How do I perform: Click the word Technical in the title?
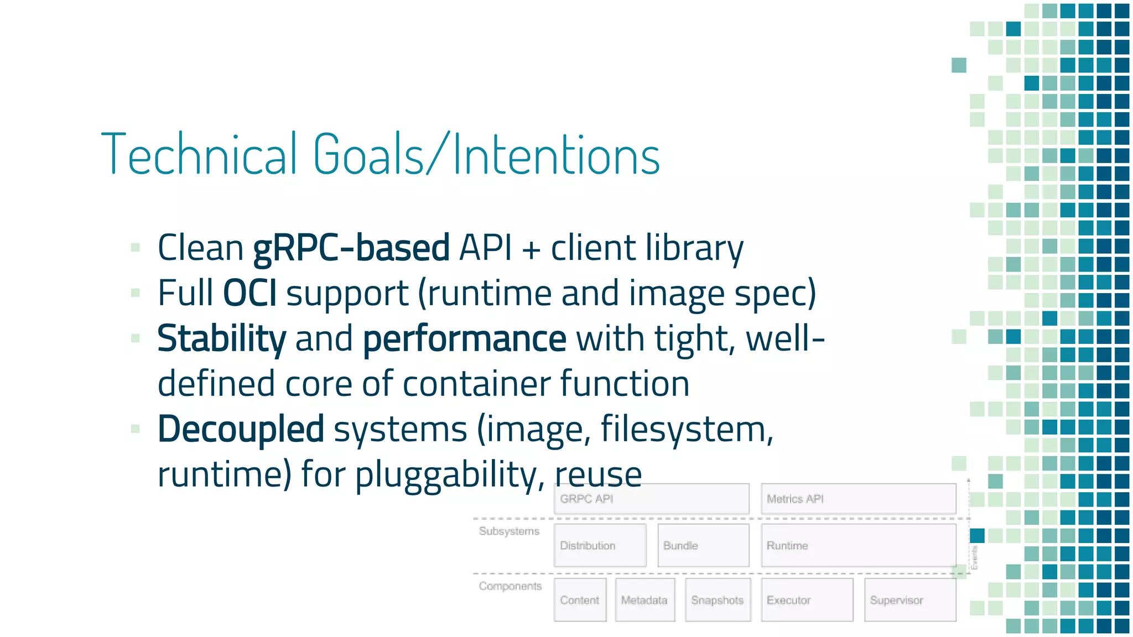(x=199, y=154)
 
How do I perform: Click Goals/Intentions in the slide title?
(x=486, y=154)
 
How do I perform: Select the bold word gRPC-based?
(x=351, y=248)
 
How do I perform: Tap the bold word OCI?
(x=250, y=293)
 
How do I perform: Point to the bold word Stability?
(x=221, y=338)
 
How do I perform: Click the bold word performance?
(x=464, y=338)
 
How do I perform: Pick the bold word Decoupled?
(x=241, y=429)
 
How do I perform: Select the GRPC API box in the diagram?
(x=651, y=499)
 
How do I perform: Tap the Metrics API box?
(x=858, y=499)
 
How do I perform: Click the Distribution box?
(x=600, y=545)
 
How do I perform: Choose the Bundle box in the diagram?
(x=703, y=545)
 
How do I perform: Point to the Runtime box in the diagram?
(x=858, y=545)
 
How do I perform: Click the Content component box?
(x=580, y=600)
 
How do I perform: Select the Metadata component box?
(x=645, y=600)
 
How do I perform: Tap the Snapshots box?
(x=718, y=600)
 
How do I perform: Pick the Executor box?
(x=807, y=600)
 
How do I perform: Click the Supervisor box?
(x=910, y=600)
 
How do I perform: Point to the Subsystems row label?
(x=509, y=531)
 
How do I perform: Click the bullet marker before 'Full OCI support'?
(x=136, y=293)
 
